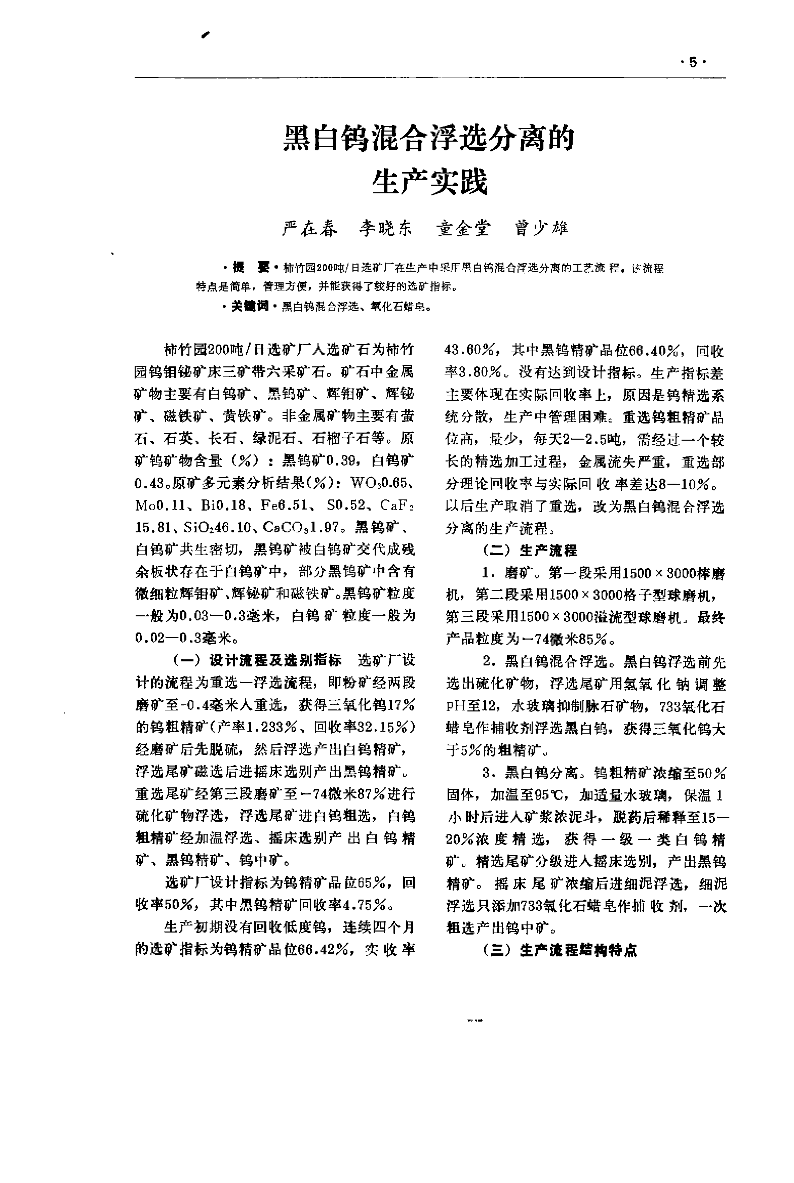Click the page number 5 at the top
692,63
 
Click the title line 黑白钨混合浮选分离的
429,139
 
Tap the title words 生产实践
429,182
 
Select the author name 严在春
310,229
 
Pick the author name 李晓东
386,229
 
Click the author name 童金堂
463,229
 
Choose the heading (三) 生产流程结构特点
560,950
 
